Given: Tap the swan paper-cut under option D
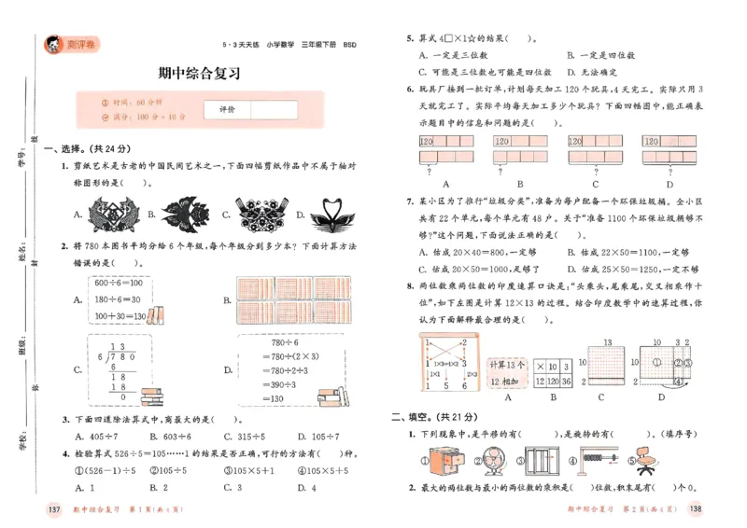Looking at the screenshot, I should pyautogui.click(x=329, y=214).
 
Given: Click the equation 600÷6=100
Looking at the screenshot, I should pyautogui.click(x=117, y=284).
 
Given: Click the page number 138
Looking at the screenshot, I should pyautogui.click(x=695, y=508).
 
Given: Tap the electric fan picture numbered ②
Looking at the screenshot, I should pyautogui.click(x=488, y=459).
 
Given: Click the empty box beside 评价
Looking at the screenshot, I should pyautogui.click(x=274, y=109).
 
